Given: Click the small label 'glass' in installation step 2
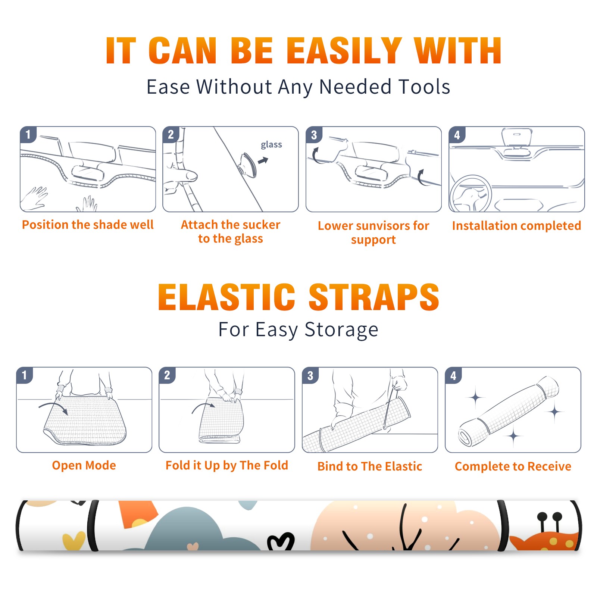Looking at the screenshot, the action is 271,145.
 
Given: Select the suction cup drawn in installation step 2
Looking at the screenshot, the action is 248,164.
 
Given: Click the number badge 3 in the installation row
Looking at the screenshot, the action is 314,135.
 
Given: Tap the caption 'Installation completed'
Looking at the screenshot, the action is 516,226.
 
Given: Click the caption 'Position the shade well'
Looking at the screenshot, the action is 88,225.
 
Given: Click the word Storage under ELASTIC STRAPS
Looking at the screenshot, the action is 341,330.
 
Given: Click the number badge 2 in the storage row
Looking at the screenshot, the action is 167,375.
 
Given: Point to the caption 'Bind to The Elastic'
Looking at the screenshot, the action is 370,466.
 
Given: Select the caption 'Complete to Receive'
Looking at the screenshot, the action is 513,466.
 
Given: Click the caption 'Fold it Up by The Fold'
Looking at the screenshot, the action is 227,466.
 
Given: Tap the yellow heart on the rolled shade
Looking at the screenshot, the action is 74,541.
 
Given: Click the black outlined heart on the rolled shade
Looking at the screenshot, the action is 281,542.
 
